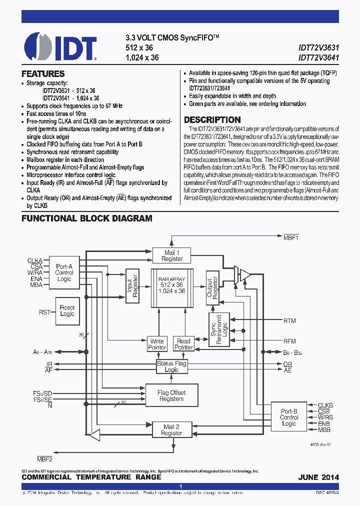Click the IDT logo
60,46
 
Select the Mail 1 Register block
171,255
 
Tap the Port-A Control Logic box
64,272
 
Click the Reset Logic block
67,310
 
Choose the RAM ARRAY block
171,288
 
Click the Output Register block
212,288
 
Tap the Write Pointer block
157,344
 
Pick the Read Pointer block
183,344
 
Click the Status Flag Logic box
171,366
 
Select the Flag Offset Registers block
171,395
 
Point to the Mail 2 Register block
171,429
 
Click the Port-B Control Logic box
289,417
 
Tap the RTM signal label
289,320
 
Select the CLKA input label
34,260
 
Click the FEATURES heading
43,73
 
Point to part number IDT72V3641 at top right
318,57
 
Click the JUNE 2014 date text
318,477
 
